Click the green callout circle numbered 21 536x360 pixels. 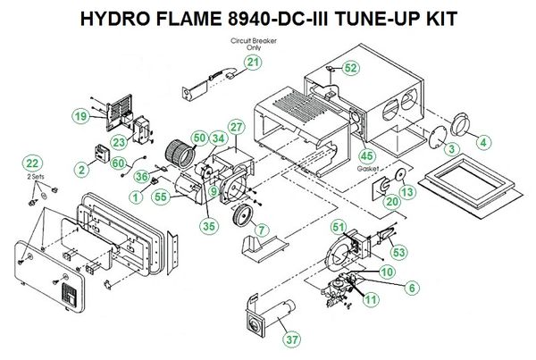point(254,62)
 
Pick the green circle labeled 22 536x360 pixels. point(33,163)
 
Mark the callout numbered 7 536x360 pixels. point(261,230)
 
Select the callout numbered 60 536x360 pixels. point(117,161)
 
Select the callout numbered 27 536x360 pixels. point(236,128)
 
